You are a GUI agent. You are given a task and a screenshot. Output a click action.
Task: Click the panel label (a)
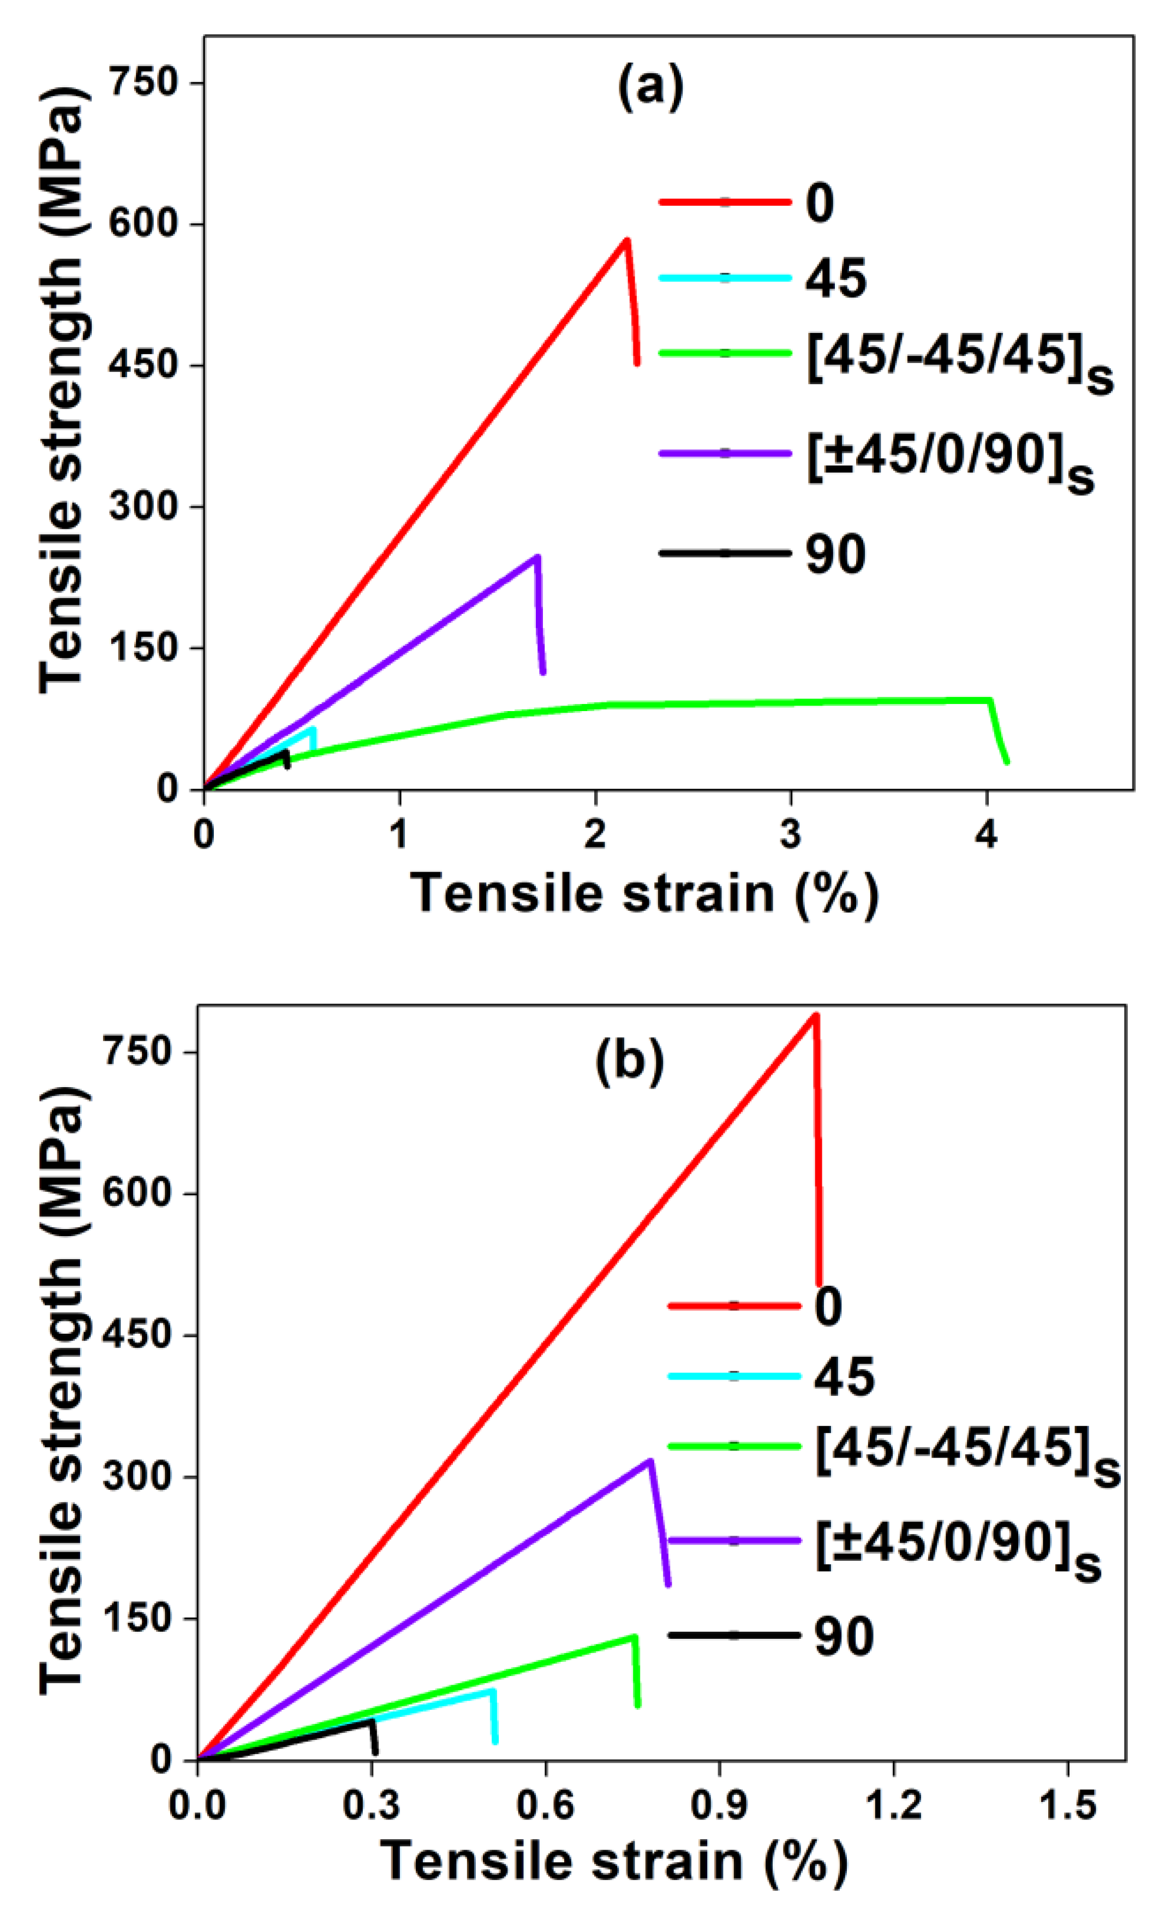tap(650, 87)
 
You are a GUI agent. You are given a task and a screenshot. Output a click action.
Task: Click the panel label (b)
tap(629, 1061)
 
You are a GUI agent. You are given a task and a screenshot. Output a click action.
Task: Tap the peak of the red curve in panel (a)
tap(626, 240)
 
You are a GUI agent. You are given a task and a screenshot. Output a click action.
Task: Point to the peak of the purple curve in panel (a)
tap(537, 557)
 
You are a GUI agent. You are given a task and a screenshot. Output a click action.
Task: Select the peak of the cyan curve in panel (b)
tap(492, 1691)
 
